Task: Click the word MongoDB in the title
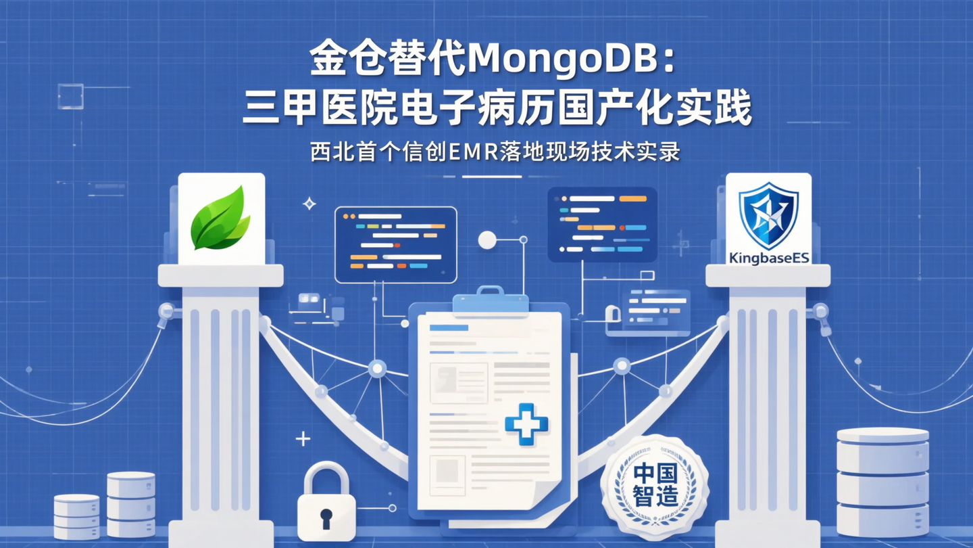pyautogui.click(x=563, y=62)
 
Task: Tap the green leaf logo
pyautogui.click(x=220, y=218)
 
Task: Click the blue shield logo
pyautogui.click(x=768, y=214)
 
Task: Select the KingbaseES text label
pyautogui.click(x=768, y=258)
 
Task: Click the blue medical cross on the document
pyautogui.click(x=526, y=424)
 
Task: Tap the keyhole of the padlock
pyautogui.click(x=326, y=519)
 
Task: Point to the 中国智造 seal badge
pyautogui.click(x=654, y=485)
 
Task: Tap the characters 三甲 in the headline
pyautogui.click(x=284, y=110)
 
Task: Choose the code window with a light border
pyautogui.click(x=395, y=244)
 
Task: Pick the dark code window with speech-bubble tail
pyautogui.click(x=602, y=224)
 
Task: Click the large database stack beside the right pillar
pyautogui.click(x=882, y=482)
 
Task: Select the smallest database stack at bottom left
pyautogui.click(x=76, y=516)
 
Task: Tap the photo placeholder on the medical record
pyautogui.click(x=459, y=383)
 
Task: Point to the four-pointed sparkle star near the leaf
pyautogui.click(x=309, y=203)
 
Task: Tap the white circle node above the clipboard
pyautogui.click(x=487, y=239)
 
